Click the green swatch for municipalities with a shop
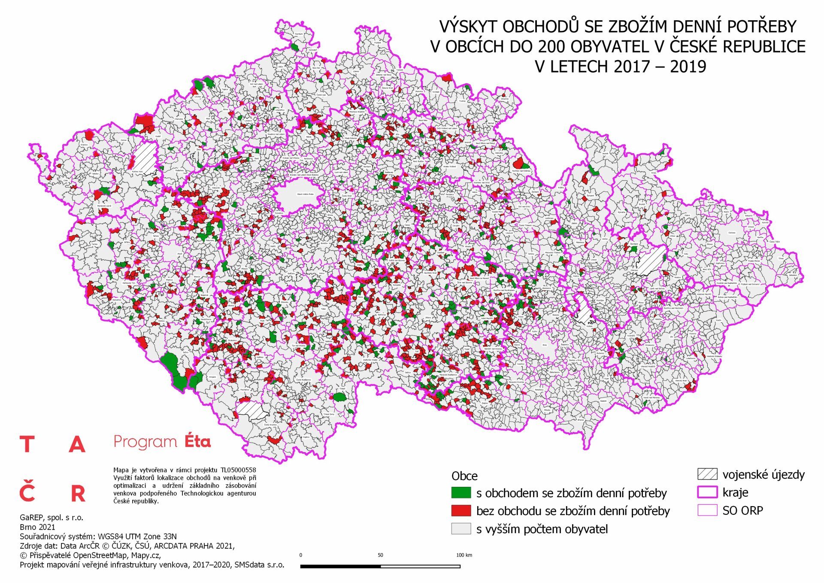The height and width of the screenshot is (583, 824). [461, 492]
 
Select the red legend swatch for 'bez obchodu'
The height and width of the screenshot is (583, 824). [461, 510]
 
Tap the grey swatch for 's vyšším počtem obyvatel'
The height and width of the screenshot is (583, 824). [461, 528]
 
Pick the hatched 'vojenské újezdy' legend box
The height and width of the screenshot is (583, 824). [707, 474]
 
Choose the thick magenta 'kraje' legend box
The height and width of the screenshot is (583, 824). [707, 492]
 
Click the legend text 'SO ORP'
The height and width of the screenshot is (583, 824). [742, 510]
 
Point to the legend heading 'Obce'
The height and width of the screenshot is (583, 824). [464, 476]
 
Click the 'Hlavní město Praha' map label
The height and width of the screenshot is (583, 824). [306, 194]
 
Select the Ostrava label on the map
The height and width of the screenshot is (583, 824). [732, 233]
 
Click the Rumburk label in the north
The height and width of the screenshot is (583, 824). [299, 33]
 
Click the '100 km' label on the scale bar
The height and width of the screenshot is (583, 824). [464, 555]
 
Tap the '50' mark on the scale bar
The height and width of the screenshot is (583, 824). [380, 555]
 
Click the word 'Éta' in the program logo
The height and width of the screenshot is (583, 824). [197, 441]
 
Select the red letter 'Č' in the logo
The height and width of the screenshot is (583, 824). [27, 492]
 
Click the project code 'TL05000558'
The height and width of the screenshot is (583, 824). [238, 470]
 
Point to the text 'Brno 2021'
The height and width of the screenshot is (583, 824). [37, 527]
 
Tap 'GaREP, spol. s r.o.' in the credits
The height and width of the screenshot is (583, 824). [51, 517]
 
